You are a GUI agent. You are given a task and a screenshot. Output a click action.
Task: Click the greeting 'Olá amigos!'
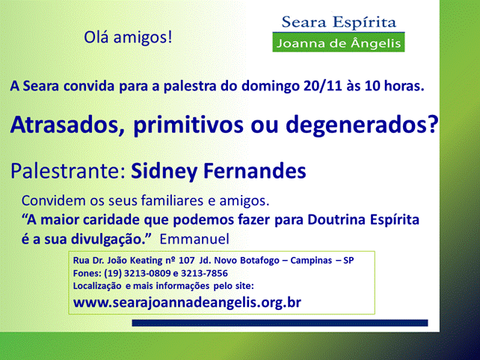(x=128, y=37)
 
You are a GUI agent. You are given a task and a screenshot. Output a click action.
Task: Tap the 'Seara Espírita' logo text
(x=339, y=22)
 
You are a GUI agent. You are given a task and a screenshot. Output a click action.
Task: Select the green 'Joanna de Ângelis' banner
(x=339, y=43)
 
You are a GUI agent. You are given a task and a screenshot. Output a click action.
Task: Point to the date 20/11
(x=323, y=86)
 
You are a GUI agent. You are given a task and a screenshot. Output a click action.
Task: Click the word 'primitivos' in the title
(x=188, y=125)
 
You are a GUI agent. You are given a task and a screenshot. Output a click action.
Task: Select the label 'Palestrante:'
(x=68, y=171)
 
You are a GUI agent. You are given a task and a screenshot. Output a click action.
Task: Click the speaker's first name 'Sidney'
(x=164, y=171)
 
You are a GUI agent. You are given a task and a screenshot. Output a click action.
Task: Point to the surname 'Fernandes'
(x=255, y=171)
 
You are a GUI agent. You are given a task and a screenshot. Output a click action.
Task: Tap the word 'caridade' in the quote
(x=111, y=220)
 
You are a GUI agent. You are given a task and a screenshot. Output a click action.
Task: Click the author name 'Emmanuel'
(x=194, y=239)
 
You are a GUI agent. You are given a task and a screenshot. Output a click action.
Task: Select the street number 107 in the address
(x=187, y=260)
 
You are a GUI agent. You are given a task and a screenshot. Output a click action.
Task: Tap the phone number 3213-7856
(x=204, y=273)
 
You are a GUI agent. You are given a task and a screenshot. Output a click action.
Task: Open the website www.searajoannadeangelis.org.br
(x=187, y=302)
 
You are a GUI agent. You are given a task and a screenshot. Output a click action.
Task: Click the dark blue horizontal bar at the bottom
(x=280, y=323)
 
